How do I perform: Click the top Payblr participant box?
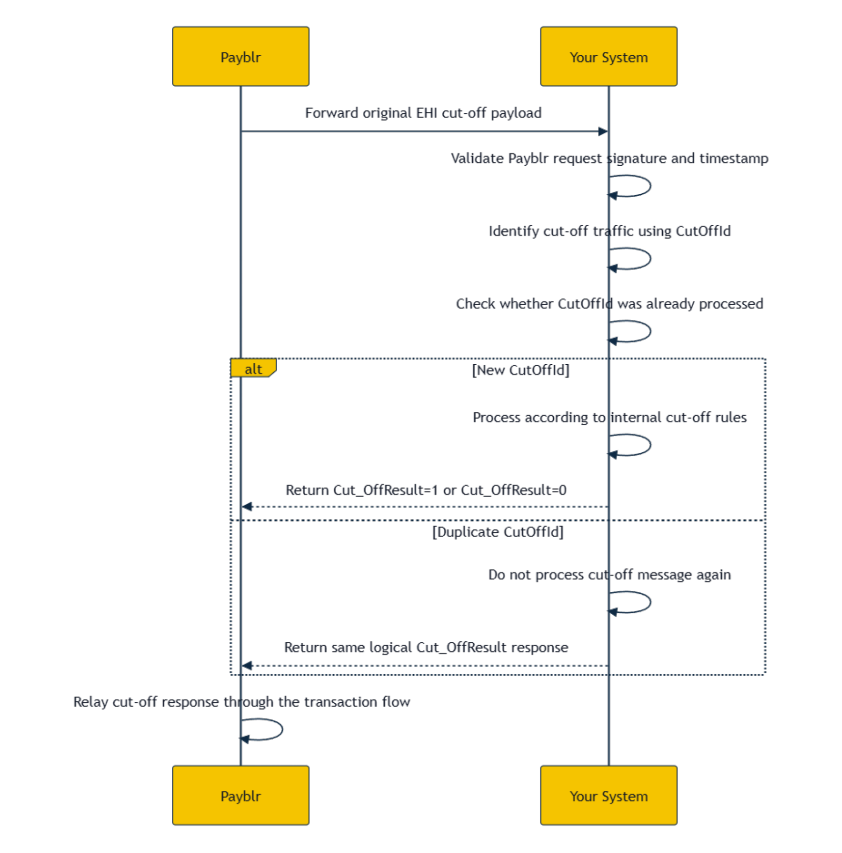point(241,57)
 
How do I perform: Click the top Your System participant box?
point(608,57)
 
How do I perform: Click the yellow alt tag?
point(253,368)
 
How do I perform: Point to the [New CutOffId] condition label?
point(520,370)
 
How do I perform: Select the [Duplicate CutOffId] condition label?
point(498,532)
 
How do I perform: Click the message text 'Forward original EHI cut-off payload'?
point(423,113)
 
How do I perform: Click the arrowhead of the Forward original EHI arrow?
point(603,131)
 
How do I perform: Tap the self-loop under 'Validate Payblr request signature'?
point(650,186)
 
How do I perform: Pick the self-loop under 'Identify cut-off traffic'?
point(650,259)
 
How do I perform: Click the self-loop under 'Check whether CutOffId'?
point(650,331)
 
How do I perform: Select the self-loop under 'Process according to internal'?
point(650,445)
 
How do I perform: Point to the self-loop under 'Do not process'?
point(650,603)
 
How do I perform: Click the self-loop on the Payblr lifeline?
point(282,729)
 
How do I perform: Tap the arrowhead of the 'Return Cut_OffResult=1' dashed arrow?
point(247,507)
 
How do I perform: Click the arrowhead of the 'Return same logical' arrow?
point(247,666)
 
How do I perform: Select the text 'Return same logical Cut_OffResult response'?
point(426,648)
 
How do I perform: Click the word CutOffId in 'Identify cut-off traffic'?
point(703,231)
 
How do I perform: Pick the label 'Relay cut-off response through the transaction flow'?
point(242,702)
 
